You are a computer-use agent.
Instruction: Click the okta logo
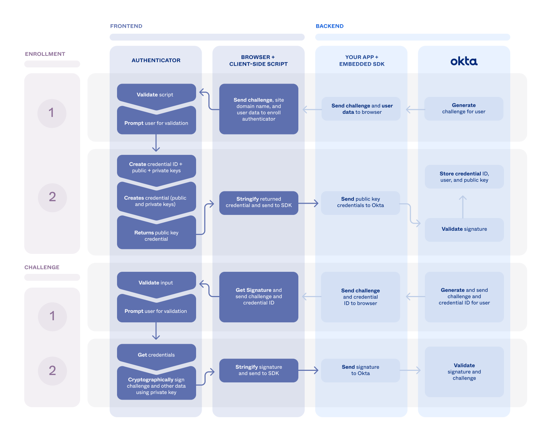coord(464,61)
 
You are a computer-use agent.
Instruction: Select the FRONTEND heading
coord(126,26)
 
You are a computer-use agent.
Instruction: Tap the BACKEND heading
coord(329,26)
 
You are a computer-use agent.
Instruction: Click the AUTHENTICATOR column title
coord(156,60)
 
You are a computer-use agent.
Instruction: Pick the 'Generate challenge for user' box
coord(464,109)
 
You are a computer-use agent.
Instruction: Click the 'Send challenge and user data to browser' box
coord(361,109)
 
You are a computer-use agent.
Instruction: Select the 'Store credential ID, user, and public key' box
coord(464,177)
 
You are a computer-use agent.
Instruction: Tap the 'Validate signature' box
coord(464,229)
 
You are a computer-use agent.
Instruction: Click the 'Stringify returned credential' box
coord(259,203)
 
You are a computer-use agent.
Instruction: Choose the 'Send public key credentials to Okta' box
coord(361,203)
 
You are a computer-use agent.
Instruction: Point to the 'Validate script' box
coord(156,94)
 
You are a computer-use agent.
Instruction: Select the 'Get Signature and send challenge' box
coord(259,297)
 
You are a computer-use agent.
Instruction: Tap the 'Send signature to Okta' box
coord(361,370)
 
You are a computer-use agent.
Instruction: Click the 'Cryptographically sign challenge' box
coord(156,386)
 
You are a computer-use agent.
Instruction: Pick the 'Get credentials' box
coord(156,355)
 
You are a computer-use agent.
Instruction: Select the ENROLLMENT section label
coord(45,54)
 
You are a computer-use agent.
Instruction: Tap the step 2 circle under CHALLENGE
coord(52,371)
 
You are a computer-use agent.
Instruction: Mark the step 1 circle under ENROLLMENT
coord(52,113)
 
